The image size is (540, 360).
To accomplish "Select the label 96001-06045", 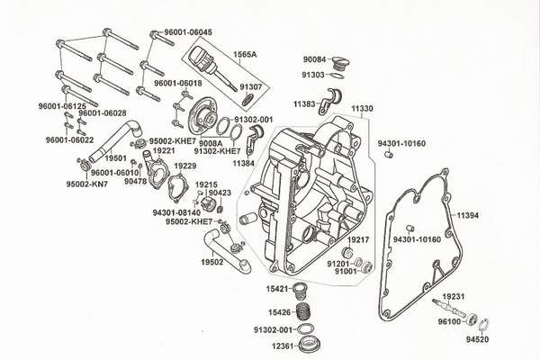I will [189, 31].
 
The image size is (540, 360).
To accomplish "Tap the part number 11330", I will [361, 108].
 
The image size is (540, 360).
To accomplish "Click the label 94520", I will [479, 341].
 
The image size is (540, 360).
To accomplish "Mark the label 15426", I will [279, 312].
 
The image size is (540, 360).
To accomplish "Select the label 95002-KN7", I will [86, 184].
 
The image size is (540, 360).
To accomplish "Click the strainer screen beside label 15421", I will [305, 290].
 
